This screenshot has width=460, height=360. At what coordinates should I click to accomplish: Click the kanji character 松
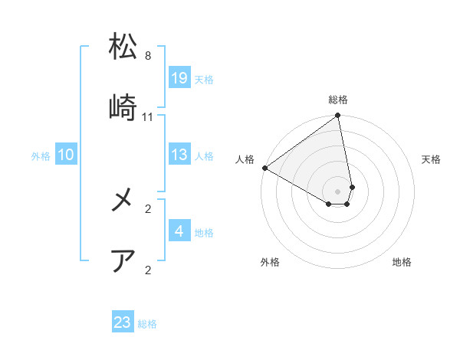click(x=123, y=47)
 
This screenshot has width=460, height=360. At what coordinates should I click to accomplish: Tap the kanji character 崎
click(x=123, y=106)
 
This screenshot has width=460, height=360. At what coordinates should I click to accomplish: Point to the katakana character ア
click(x=123, y=260)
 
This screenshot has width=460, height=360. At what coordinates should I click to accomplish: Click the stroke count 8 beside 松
click(x=148, y=56)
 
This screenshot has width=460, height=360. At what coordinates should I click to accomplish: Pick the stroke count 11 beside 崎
click(x=148, y=116)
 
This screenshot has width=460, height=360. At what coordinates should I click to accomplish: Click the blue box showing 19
click(x=179, y=78)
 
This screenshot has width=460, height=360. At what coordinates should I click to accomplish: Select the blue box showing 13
click(x=179, y=155)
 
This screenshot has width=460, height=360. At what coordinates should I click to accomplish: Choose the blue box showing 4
click(x=179, y=231)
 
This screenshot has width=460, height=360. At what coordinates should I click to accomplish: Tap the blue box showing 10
click(x=66, y=155)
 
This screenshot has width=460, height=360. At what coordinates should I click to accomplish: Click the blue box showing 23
click(x=123, y=322)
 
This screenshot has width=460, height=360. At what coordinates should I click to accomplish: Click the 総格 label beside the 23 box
click(x=147, y=324)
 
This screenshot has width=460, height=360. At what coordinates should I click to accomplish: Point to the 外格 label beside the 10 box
click(x=41, y=156)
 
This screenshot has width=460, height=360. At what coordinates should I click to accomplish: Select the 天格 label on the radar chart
click(x=432, y=159)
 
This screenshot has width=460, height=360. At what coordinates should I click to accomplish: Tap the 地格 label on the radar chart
click(x=402, y=262)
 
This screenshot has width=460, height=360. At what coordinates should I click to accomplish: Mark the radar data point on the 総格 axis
click(x=337, y=116)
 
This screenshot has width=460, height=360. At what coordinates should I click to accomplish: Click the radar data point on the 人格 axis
click(x=264, y=168)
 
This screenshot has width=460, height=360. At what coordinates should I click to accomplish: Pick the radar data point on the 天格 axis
click(x=352, y=186)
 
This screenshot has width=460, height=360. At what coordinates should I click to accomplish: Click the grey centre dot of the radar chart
click(x=337, y=191)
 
